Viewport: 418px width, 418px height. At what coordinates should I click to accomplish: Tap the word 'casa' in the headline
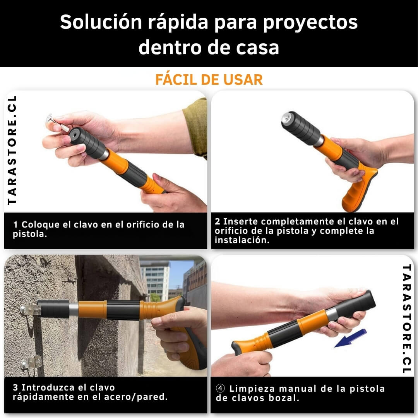click(x=257, y=48)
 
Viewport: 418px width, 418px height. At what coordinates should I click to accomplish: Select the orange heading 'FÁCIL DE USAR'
click(x=209, y=80)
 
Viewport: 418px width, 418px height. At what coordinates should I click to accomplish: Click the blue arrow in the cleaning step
click(x=351, y=338)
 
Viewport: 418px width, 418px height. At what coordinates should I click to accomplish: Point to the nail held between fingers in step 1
click(x=58, y=123)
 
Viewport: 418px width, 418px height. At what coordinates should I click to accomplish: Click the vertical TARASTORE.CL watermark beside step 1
click(x=12, y=150)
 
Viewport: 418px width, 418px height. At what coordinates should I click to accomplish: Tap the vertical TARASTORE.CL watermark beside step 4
click(x=406, y=319)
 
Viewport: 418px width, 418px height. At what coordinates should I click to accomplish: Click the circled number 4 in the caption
click(x=220, y=388)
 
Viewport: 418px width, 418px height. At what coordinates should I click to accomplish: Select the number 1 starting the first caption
click(x=15, y=224)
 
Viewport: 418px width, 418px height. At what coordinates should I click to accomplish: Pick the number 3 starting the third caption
click(x=15, y=387)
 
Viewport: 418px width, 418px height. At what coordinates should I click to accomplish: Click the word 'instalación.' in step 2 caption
click(x=242, y=240)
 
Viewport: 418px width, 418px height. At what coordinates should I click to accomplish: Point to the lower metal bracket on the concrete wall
click(x=31, y=362)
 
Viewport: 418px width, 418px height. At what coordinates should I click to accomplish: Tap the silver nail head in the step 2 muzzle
click(x=287, y=117)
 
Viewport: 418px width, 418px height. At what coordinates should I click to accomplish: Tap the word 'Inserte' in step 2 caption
click(x=241, y=221)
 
